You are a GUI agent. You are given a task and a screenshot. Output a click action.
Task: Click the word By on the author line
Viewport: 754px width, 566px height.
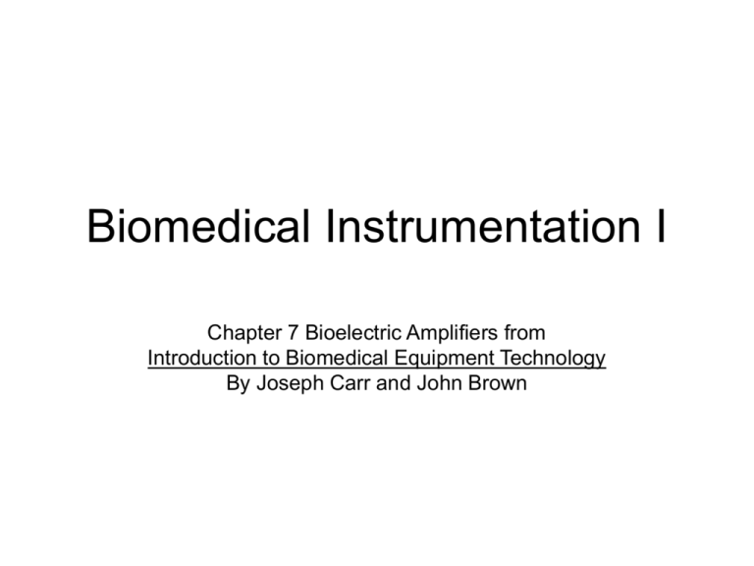(x=238, y=384)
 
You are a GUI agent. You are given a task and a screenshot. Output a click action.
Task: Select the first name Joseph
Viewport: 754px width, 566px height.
(x=286, y=384)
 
